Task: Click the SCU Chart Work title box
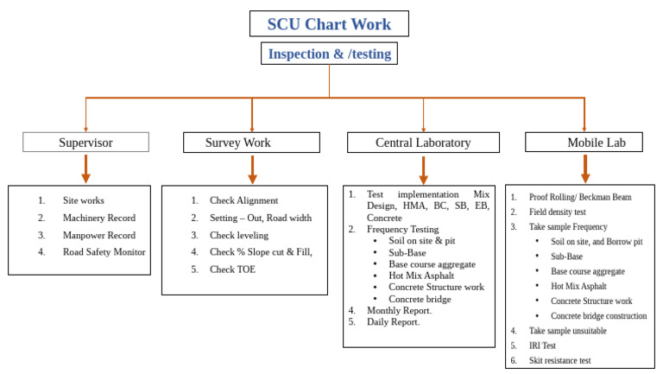point(329,22)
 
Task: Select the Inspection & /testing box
point(329,54)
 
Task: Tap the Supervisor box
point(85,143)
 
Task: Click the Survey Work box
point(251,143)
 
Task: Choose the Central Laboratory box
point(422,143)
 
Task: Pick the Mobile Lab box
point(584,143)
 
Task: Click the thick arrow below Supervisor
point(85,168)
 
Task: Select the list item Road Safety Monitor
point(104,252)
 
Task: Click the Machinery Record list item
point(98,218)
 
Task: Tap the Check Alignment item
point(243,200)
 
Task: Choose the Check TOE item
point(232,269)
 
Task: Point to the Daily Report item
point(393,321)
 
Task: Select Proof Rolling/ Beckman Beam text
point(579,197)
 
